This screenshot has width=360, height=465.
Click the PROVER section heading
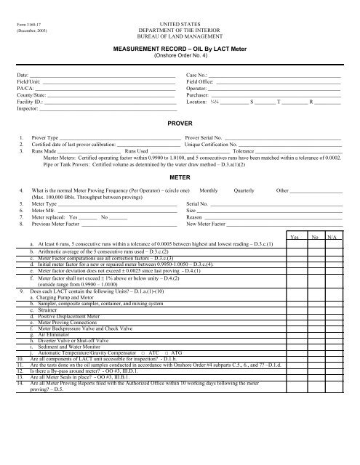[180, 124]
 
